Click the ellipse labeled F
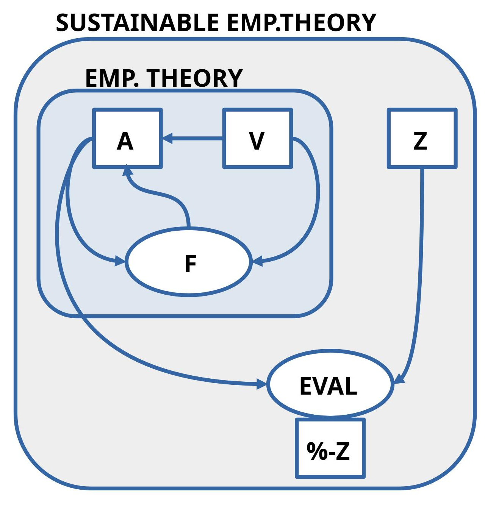pos(189,262)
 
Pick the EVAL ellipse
pos(329,384)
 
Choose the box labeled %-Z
pos(330,448)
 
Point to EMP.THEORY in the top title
pos(301,23)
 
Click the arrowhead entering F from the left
pos(120,261)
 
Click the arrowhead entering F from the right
pos(257,261)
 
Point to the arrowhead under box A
pos(128,171)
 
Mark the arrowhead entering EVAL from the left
pos(261,384)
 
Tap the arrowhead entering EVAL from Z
pos(399,378)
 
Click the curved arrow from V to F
pos(316,193)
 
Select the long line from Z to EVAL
pos(421,265)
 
